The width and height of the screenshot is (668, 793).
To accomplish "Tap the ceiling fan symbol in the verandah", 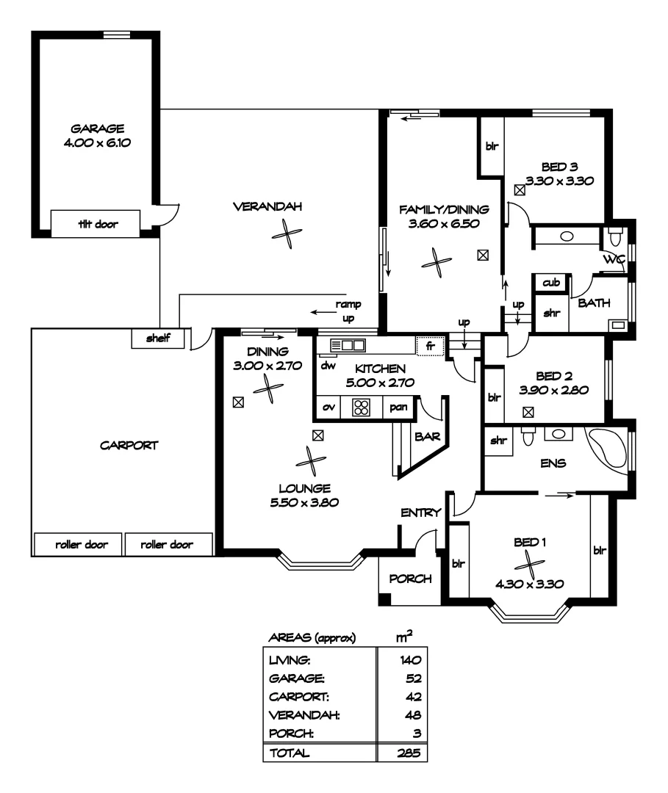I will coord(284,234).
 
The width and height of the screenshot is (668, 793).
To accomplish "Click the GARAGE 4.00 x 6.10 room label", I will coord(97,135).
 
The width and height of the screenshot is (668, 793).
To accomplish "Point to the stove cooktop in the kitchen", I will coord(361,408).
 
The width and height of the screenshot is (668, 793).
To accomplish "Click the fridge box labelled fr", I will coord(430,345).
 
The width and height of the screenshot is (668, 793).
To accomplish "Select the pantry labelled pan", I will coord(399,407).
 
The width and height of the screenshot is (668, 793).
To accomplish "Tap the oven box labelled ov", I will coord(328,407).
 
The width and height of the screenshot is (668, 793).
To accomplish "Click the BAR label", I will coord(427,436).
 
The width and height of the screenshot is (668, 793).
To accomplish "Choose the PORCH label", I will coord(410,578).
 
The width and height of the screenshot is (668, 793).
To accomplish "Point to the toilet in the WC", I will coord(615,237).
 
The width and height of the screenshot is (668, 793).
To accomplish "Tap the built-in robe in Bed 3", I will coord(491,146).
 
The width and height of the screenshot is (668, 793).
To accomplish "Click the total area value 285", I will coord(410,753).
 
